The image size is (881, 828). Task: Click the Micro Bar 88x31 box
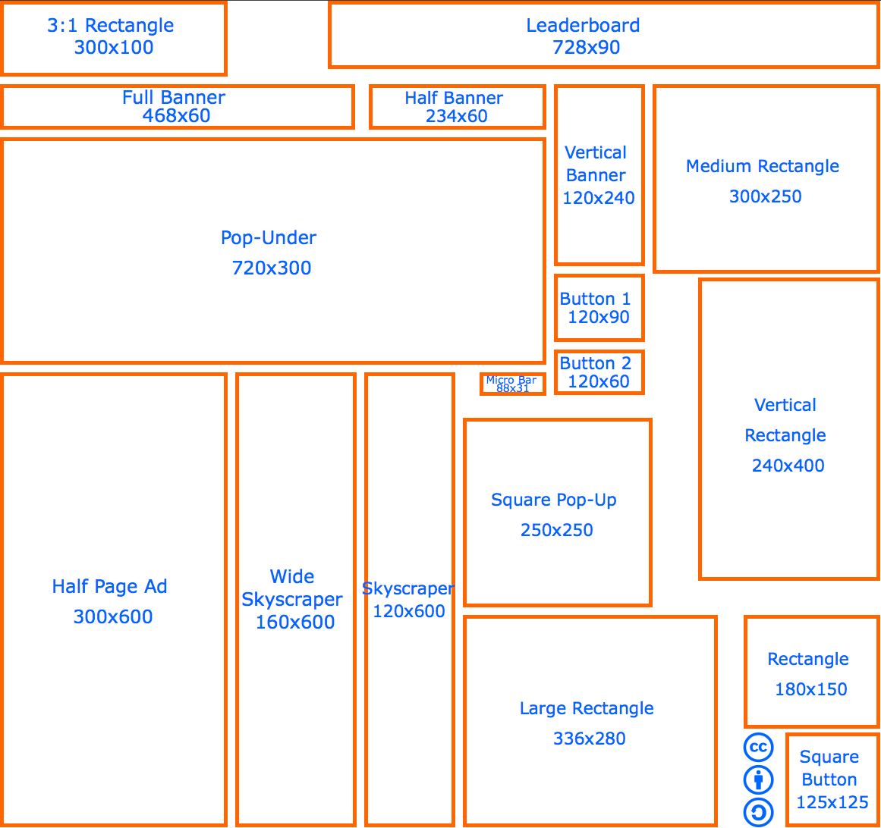(x=512, y=384)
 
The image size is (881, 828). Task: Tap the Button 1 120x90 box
(x=599, y=308)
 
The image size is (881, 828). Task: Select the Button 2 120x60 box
(x=599, y=372)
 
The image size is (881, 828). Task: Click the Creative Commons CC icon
(x=758, y=748)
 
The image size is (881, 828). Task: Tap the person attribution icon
(x=758, y=779)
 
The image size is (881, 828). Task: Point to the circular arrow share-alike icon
(x=758, y=813)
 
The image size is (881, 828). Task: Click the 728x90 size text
(x=586, y=48)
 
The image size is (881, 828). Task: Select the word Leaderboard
(x=583, y=25)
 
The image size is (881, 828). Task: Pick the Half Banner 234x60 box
(x=457, y=107)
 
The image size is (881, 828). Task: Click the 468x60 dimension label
(x=176, y=116)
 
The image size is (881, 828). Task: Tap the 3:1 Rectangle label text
(x=111, y=25)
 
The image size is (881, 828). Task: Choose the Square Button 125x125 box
(x=832, y=779)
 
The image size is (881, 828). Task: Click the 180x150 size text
(x=810, y=689)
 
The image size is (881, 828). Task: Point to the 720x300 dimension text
(x=272, y=268)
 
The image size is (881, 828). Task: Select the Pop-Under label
(x=269, y=237)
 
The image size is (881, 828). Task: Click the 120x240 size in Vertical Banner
(x=598, y=198)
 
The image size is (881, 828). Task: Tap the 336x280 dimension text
(x=589, y=739)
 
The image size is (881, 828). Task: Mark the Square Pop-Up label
(x=554, y=500)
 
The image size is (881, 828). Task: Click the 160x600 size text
(x=295, y=622)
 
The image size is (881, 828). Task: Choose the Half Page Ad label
(x=109, y=586)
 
